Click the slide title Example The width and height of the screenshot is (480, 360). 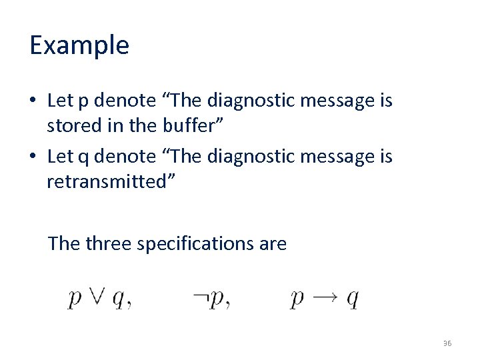click(79, 45)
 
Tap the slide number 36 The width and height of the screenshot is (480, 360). click(447, 343)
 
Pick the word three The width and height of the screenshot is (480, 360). click(107, 244)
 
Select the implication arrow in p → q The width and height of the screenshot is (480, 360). click(327, 299)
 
